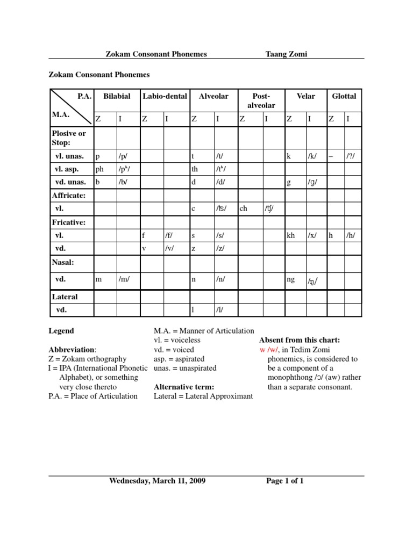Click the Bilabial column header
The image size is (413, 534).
pos(116,96)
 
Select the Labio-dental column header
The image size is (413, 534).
pos(165,96)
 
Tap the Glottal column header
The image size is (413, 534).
pos(344,96)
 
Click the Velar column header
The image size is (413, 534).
pos(305,96)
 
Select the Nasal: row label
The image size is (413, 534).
pos(63,262)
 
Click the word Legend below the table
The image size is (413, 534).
pos(61,331)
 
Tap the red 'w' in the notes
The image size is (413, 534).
pos(262,350)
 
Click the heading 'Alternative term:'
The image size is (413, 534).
pos(184,387)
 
